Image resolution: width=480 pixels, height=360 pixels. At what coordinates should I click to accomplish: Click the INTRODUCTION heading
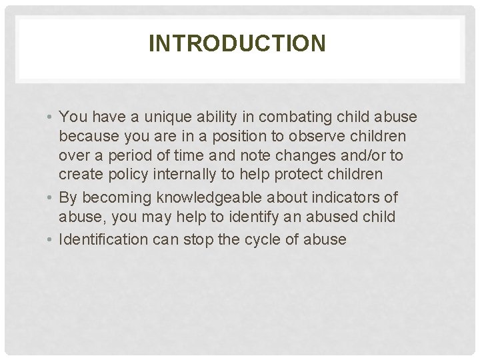[238, 44]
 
